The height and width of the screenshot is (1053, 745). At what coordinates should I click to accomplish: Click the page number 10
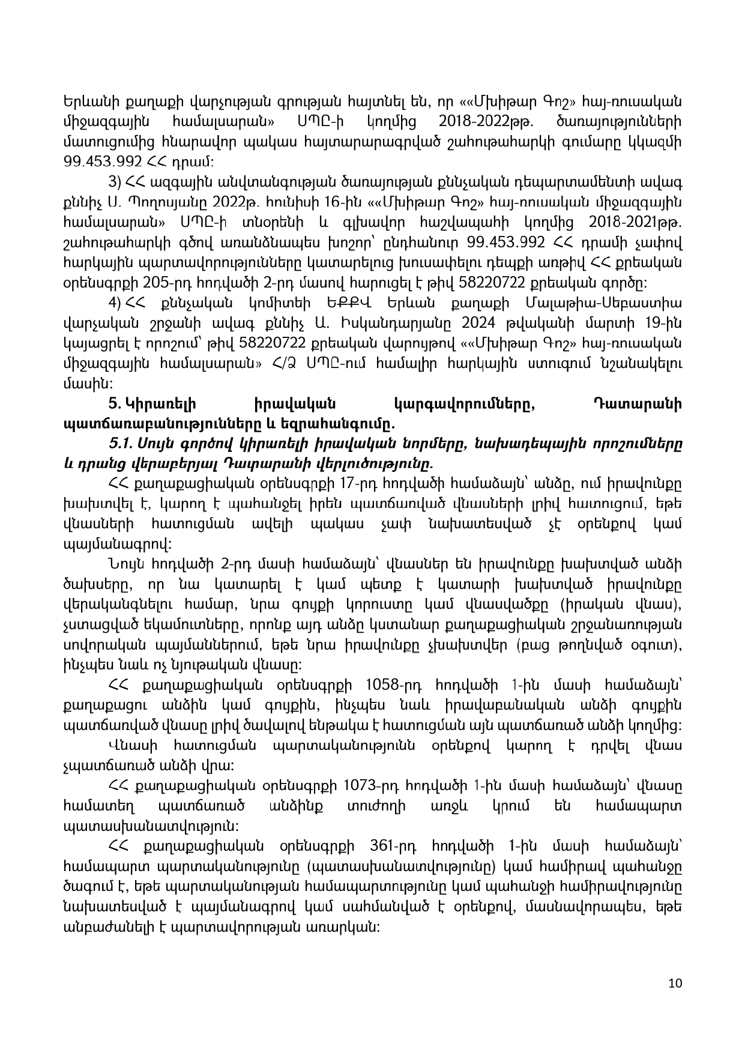pos(675,983)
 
